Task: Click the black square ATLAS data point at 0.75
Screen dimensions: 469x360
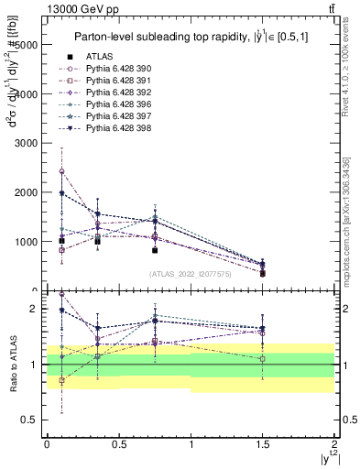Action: coord(155,250)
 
